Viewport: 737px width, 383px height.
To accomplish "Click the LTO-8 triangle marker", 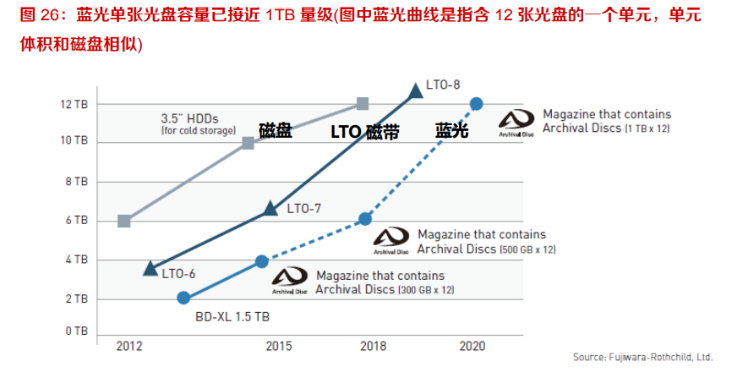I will (x=415, y=90).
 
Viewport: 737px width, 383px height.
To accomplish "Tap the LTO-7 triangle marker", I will (x=270, y=208).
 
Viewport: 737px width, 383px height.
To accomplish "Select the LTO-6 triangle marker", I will (x=150, y=268).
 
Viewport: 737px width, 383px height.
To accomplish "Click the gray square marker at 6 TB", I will (x=124, y=221).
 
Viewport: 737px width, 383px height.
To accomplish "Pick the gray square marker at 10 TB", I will (x=248, y=143).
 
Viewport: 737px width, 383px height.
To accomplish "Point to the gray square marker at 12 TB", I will (x=363, y=104).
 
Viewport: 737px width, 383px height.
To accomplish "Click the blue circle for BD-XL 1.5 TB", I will (x=183, y=298).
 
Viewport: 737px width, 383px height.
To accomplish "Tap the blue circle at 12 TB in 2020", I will (x=476, y=104).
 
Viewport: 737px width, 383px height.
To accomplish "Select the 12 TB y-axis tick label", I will (x=73, y=104).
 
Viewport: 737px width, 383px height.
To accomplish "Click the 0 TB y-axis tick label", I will (x=75, y=331).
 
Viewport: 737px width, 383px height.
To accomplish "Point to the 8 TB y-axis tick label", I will (x=75, y=181).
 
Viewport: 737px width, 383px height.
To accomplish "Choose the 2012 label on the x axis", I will (x=128, y=347).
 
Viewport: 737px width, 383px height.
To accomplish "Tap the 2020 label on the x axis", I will (x=472, y=347).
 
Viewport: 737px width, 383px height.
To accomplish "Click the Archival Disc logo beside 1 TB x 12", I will (x=516, y=122).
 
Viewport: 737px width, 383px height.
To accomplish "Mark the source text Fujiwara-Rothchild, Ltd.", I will (x=642, y=357).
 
